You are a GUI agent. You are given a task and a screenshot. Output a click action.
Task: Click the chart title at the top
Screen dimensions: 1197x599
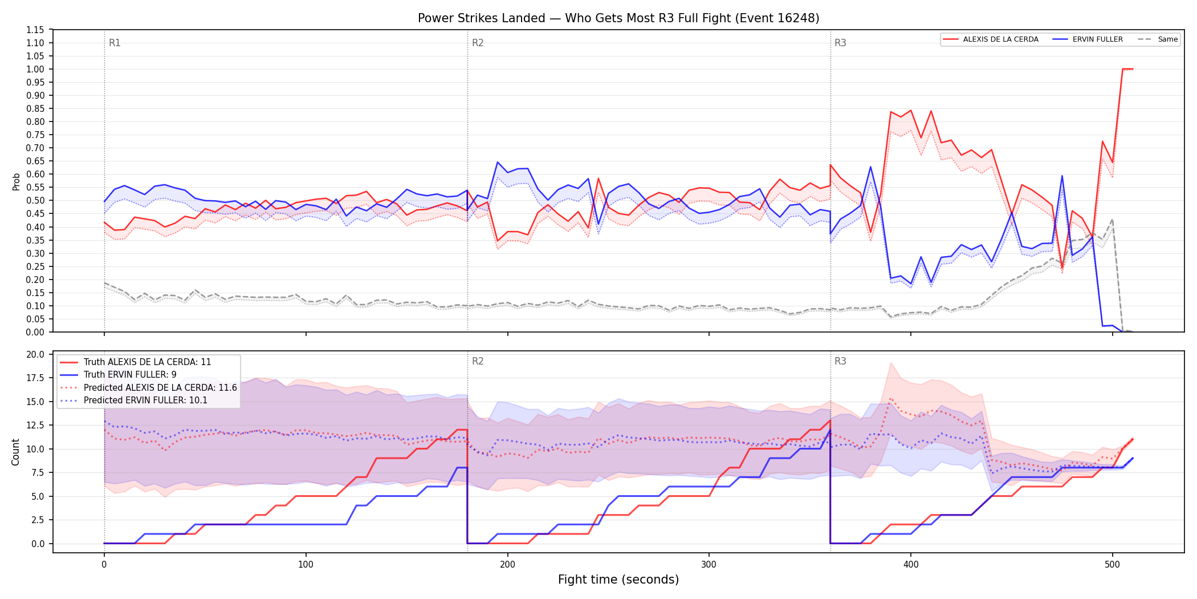point(618,18)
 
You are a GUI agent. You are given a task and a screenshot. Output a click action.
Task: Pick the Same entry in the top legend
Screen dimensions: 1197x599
point(1158,39)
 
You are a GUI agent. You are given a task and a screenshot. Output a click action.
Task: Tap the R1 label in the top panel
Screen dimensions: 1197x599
point(115,43)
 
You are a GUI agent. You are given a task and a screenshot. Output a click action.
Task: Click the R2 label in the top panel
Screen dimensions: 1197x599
point(478,43)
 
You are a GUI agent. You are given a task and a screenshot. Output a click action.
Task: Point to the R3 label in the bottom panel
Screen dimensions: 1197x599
point(840,361)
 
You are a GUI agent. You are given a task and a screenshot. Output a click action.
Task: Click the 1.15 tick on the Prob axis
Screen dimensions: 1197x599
point(35,30)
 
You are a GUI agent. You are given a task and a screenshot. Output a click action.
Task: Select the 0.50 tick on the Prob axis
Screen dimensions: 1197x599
point(35,200)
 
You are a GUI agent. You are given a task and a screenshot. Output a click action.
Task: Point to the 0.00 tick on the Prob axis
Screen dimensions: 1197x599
point(35,332)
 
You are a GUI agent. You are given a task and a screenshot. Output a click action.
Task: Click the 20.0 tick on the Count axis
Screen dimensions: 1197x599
point(35,354)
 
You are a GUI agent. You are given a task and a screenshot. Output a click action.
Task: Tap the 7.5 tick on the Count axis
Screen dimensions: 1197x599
point(38,472)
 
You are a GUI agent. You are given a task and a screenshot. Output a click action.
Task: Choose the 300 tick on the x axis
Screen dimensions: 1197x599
point(709,565)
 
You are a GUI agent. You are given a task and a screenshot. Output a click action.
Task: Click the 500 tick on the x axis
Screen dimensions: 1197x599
point(1112,565)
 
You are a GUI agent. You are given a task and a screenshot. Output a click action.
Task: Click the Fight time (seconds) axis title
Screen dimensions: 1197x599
point(618,580)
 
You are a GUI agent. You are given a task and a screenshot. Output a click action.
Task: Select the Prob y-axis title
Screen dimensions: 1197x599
point(16,181)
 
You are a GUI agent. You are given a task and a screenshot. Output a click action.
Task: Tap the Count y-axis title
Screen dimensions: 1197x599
point(15,452)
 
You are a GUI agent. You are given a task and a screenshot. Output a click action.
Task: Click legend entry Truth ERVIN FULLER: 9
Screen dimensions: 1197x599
point(130,375)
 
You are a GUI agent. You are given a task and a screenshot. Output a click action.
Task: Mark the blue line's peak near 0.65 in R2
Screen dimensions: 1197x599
point(498,162)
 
